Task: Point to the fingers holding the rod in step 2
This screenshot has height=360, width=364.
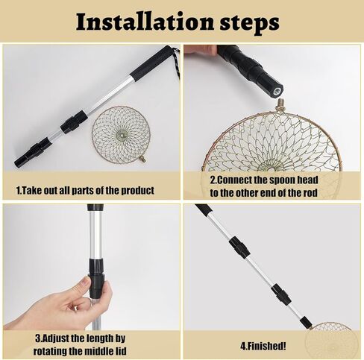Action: [200, 51]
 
